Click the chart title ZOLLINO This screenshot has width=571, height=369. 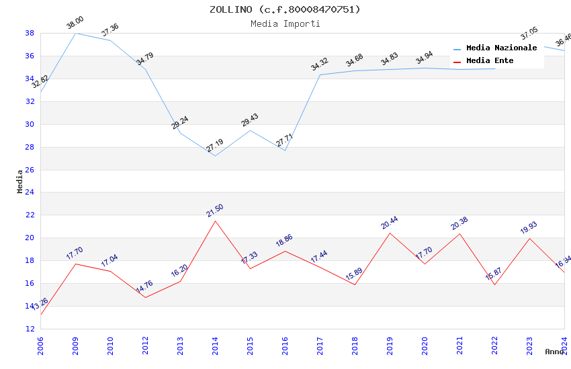[285, 9]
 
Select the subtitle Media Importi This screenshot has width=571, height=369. [285, 23]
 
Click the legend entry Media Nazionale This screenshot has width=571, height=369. [501, 48]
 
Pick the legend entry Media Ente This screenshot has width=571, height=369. [490, 61]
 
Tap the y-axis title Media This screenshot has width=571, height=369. [20, 181]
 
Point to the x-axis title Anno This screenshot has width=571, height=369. [554, 352]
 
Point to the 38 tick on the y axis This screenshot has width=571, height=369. [30, 33]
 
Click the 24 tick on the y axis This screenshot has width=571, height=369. [30, 193]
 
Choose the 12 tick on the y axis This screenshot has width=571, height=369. [30, 329]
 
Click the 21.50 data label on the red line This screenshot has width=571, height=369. [215, 211]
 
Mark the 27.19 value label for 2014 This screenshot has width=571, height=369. [215, 146]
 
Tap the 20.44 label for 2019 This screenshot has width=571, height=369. [390, 223]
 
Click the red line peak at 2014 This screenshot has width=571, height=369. [215, 221]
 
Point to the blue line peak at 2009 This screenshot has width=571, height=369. [75, 33]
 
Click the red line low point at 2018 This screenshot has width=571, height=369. [355, 285]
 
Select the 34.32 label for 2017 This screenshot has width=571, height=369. [320, 65]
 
